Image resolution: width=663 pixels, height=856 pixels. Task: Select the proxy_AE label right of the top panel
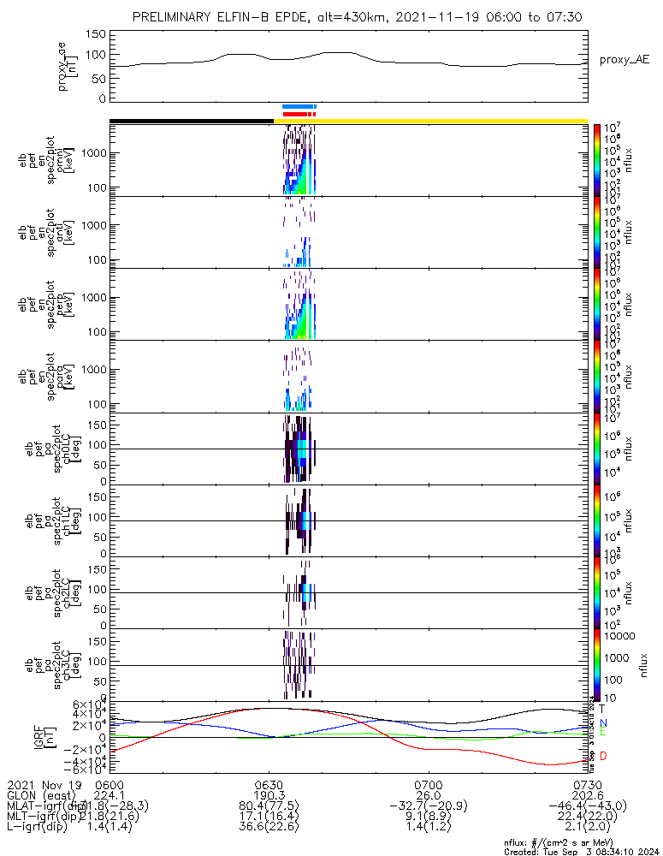click(x=625, y=59)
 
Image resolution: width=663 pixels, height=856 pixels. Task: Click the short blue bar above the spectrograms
click(x=299, y=106)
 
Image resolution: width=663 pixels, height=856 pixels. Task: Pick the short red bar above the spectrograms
click(x=299, y=113)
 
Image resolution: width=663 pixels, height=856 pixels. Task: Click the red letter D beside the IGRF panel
click(x=603, y=756)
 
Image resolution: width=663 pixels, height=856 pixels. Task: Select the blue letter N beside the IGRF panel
click(x=603, y=722)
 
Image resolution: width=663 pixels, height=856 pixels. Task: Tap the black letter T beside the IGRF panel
click(x=602, y=709)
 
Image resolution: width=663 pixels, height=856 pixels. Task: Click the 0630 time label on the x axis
click(x=269, y=784)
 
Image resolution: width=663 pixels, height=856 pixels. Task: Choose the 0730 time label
click(x=587, y=784)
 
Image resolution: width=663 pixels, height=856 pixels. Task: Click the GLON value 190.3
click(x=269, y=795)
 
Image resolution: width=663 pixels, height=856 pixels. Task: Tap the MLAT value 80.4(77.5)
click(x=269, y=806)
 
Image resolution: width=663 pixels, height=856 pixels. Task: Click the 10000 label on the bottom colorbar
click(x=621, y=637)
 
